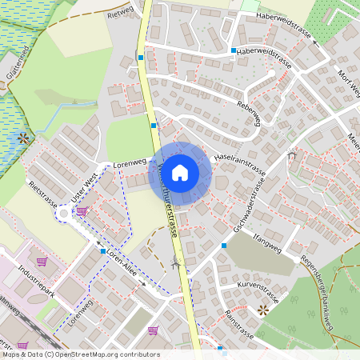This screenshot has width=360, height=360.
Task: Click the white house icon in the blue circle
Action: [180, 172]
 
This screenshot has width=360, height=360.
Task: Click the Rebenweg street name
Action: [250, 114]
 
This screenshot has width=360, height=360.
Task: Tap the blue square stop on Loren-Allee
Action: [103, 251]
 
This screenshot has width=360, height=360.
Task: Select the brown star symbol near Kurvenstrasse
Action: [262, 310]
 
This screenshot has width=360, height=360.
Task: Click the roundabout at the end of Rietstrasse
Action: [63, 214]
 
